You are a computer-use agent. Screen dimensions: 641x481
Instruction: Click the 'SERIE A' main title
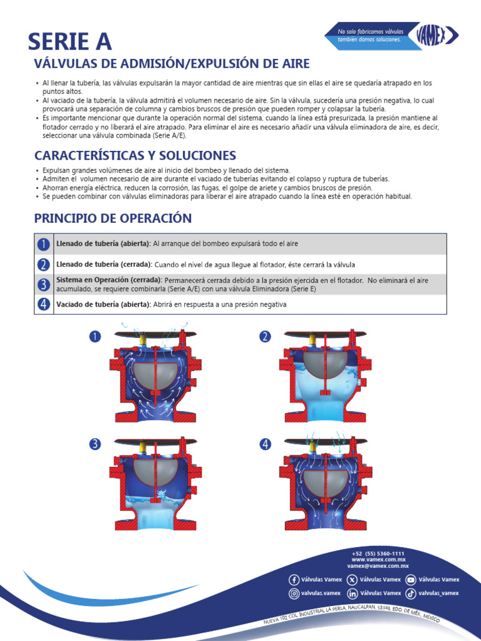pyautogui.click(x=70, y=41)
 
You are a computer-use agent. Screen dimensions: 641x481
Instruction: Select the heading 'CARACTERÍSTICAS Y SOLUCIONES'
pyautogui.click(x=135, y=155)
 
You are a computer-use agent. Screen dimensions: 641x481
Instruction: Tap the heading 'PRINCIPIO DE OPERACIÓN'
pyautogui.click(x=113, y=218)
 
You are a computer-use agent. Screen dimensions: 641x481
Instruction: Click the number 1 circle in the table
pyautogui.click(x=43, y=244)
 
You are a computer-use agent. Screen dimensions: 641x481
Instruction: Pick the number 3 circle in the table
pyautogui.click(x=43, y=284)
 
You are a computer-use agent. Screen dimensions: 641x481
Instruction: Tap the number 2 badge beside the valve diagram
pyautogui.click(x=266, y=337)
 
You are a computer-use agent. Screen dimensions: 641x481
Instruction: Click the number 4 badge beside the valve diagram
pyautogui.click(x=266, y=444)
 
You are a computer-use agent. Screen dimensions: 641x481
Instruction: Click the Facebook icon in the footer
pyautogui.click(x=294, y=580)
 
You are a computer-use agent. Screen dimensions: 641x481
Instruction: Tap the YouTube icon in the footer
pyautogui.click(x=410, y=580)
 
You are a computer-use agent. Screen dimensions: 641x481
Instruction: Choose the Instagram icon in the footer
pyautogui.click(x=294, y=593)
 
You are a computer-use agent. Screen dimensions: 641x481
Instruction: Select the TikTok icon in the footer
pyautogui.click(x=410, y=593)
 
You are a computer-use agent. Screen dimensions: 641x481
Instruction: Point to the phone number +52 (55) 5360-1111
pyautogui.click(x=378, y=554)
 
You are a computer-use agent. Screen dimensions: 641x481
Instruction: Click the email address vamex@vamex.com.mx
pyautogui.click(x=378, y=565)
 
